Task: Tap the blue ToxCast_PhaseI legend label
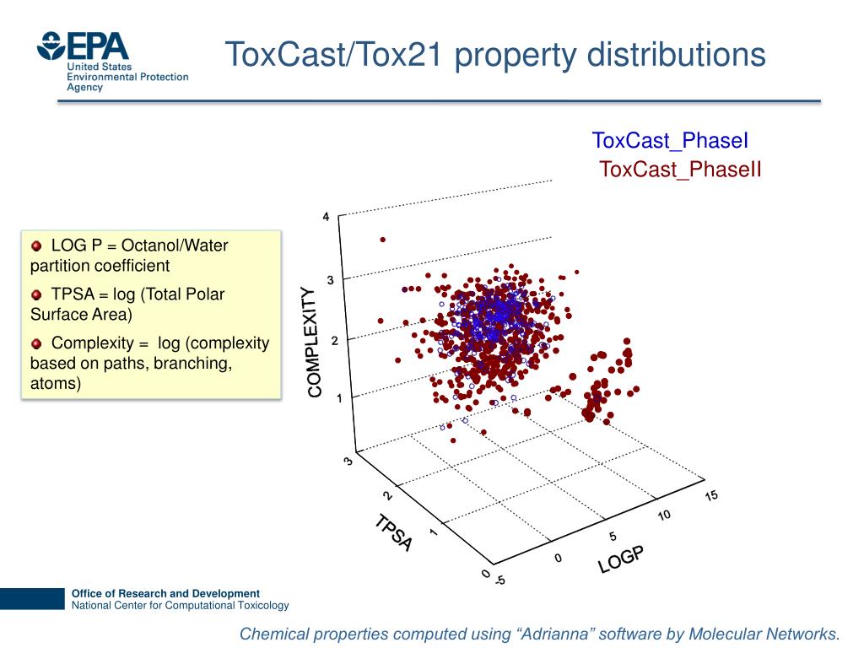[670, 141]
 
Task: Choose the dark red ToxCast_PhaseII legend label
[680, 170]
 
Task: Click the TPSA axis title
[394, 532]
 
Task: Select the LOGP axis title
[621, 559]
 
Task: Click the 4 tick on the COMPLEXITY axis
[327, 217]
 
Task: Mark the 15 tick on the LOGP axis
[711, 495]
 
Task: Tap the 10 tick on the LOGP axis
[665, 515]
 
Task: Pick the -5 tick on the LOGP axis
[499, 580]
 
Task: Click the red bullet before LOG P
[36, 246]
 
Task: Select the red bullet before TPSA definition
[36, 295]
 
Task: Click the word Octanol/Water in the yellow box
[175, 246]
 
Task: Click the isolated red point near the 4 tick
[383, 239]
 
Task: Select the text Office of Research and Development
[165, 593]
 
